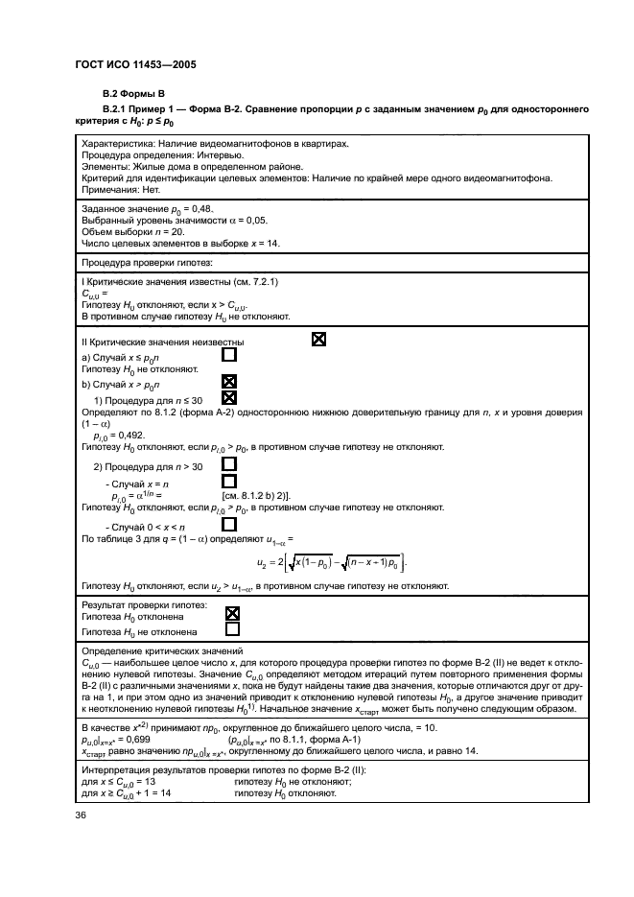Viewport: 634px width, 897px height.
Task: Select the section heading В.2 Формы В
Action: pos(134,94)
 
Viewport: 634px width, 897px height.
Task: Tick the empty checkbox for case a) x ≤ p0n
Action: pos(228,355)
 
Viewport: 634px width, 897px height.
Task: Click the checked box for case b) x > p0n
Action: pos(228,381)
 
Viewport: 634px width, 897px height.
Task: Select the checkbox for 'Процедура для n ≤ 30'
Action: pos(228,397)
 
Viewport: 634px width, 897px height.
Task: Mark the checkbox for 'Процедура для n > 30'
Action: pos(228,466)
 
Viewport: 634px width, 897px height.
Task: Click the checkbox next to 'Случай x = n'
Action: pos(228,482)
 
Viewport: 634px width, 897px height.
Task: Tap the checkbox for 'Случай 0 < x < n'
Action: pos(228,525)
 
